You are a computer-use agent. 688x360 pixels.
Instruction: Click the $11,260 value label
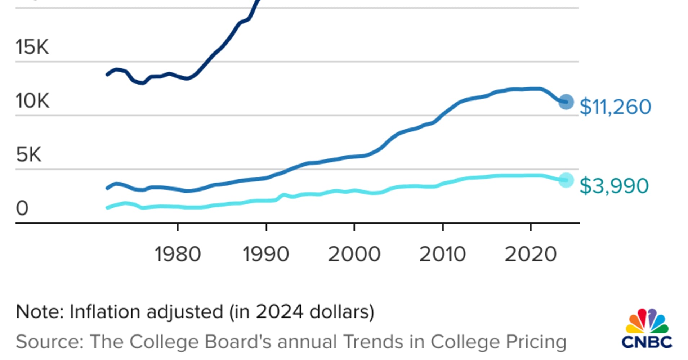pos(615,107)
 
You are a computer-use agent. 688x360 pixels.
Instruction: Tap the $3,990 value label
pos(614,186)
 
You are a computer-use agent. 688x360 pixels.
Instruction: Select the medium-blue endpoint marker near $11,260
pos(566,102)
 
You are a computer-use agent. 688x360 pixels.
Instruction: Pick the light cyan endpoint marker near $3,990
pos(566,180)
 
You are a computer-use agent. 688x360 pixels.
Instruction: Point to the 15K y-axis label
pos(32,47)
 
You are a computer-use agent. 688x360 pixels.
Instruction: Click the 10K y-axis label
pos(32,101)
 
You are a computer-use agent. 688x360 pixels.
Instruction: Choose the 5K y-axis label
pos(28,155)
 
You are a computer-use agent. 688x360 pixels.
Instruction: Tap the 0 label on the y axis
pos(22,208)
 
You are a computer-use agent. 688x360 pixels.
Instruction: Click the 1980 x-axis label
pos(178,255)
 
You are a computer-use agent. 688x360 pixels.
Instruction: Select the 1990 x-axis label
pos(266,255)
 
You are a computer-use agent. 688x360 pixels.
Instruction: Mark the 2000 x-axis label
pos(354,255)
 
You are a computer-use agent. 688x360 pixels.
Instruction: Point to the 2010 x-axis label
pos(442,255)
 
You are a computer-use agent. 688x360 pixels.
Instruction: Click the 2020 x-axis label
pos(531,255)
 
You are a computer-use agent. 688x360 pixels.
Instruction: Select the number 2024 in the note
pos(279,312)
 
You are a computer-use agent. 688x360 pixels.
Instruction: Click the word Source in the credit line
pos(49,342)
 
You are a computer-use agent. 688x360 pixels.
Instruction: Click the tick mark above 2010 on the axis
pos(443,227)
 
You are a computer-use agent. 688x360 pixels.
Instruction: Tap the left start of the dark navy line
pos(107,75)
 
